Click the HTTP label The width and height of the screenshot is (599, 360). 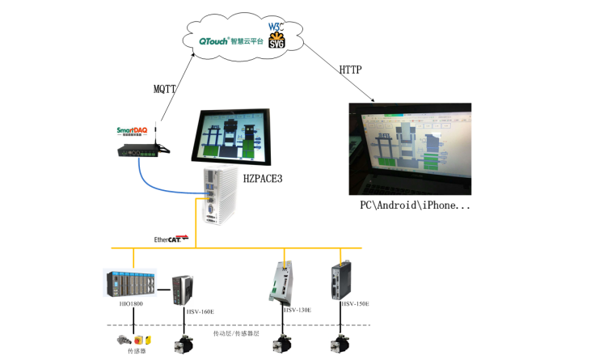[x=351, y=70]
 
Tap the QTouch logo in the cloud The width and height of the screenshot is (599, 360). [x=214, y=40]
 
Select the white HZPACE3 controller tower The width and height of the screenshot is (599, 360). [x=214, y=197]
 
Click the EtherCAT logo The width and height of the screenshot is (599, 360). [x=171, y=239]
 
